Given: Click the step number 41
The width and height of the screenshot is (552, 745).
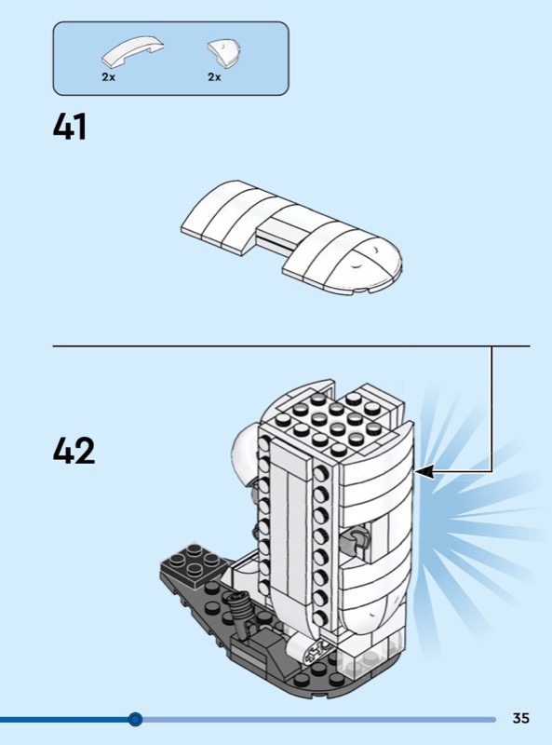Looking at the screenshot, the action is click(x=70, y=127).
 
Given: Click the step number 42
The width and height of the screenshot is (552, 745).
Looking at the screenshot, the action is click(x=74, y=451).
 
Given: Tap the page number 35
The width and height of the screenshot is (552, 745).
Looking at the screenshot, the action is click(x=521, y=717).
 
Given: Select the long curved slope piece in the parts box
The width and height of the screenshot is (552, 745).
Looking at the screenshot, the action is click(x=132, y=51).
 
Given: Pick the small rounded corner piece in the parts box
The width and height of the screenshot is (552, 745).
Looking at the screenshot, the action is click(x=224, y=52).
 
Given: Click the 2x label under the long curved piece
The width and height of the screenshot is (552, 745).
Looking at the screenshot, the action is click(x=108, y=77).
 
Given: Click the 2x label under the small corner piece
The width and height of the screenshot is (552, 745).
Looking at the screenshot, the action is click(x=214, y=77).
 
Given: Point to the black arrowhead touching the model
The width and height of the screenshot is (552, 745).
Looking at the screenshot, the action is click(x=424, y=471).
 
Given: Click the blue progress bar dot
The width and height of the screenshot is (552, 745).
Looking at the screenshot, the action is click(x=135, y=719).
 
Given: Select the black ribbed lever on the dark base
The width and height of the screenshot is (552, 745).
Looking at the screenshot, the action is click(x=241, y=614).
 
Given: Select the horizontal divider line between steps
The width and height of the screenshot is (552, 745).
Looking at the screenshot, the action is click(x=291, y=346).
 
